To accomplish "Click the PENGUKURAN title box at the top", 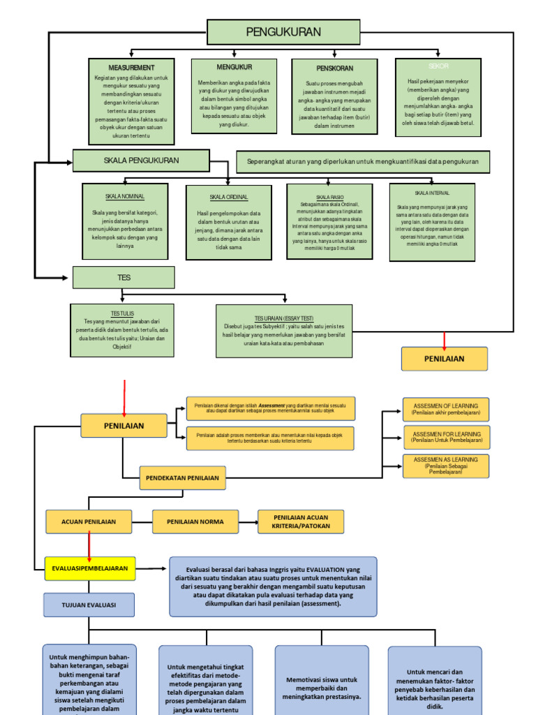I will [283, 32].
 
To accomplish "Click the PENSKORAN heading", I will [334, 68].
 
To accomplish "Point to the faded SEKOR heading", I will [438, 66].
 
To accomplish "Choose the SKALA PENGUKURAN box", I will [141, 161].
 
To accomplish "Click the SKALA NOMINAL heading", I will [125, 197].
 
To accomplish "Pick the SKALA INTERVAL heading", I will [432, 193].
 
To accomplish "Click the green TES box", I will [124, 278].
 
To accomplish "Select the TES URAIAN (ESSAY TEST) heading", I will [284, 318].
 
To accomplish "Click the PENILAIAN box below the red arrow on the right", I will [445, 358].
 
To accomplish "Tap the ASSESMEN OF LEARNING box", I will [446, 409].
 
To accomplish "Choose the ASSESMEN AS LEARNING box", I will [446, 466].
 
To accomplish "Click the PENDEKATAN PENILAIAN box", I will [181, 478].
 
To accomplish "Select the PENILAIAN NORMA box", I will [195, 522].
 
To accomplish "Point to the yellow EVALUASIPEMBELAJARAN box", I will [90, 568].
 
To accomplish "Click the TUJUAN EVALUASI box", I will [89, 605].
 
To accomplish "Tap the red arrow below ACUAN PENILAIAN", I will [89, 544].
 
